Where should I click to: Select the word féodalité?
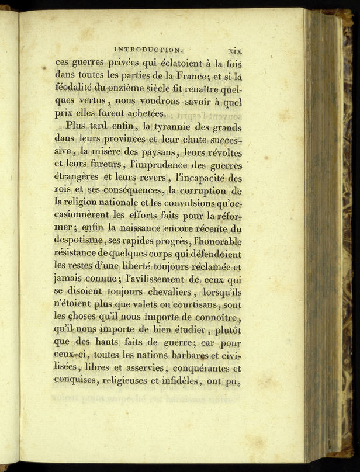click(x=74, y=88)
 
